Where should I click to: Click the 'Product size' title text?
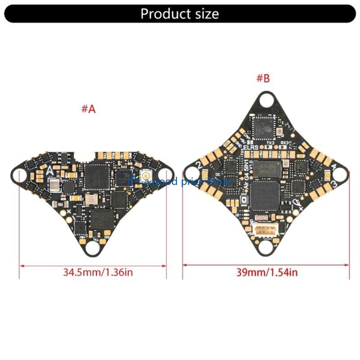[180, 13]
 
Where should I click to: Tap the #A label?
[89, 109]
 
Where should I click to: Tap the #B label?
[263, 78]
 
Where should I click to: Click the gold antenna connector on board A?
[146, 175]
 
